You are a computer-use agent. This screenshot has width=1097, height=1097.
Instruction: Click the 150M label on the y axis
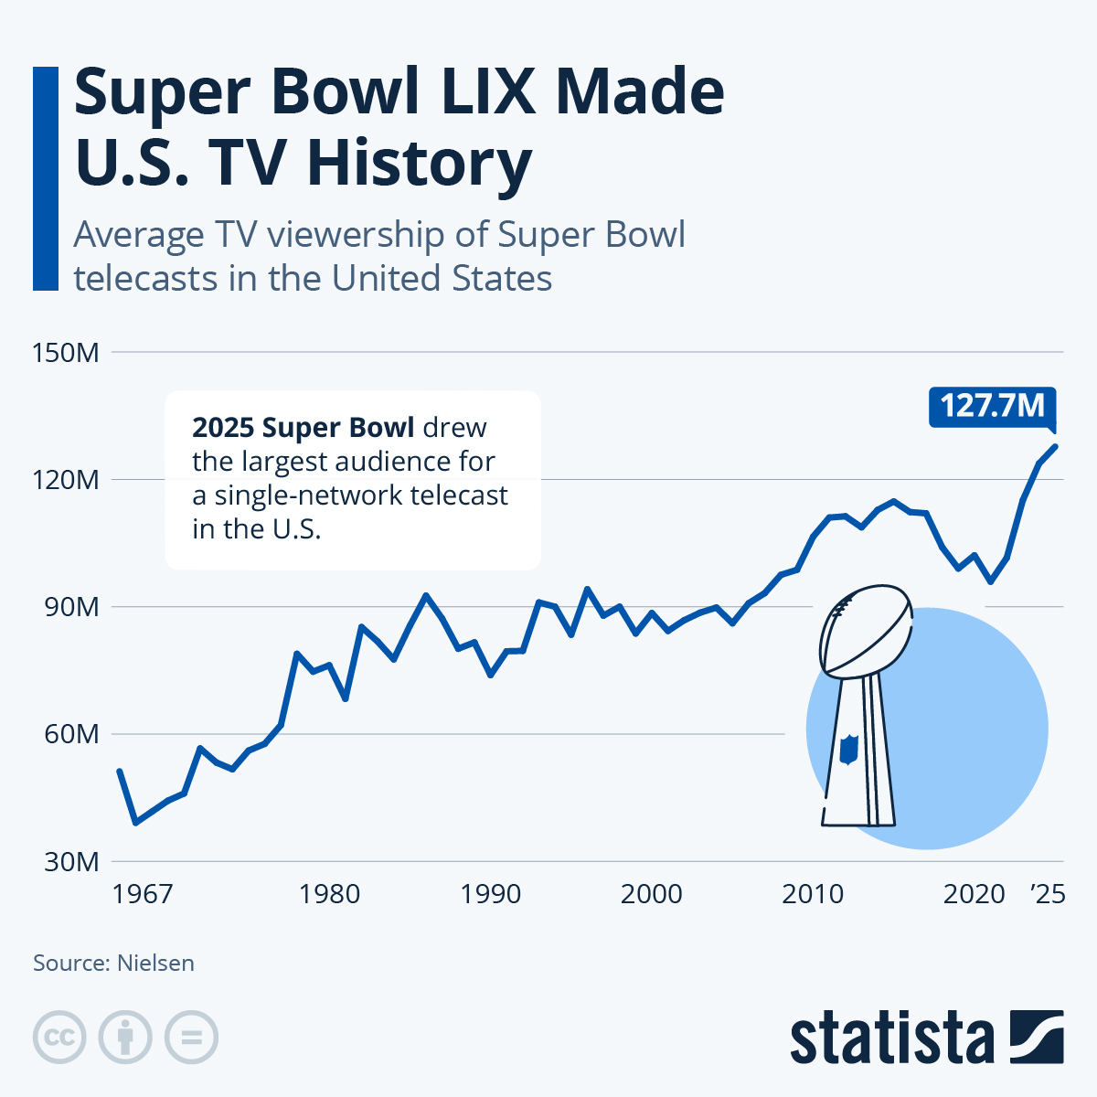tap(65, 352)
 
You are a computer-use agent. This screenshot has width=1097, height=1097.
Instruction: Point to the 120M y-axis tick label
tap(65, 479)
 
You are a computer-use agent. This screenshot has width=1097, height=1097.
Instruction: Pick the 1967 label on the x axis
tap(142, 893)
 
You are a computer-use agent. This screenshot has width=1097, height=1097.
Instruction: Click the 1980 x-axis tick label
tap(329, 893)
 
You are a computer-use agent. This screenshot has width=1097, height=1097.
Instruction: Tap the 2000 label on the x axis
tap(651, 893)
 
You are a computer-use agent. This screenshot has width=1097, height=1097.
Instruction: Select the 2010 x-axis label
tap(813, 893)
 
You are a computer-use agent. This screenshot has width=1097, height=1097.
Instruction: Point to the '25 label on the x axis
tap(1048, 893)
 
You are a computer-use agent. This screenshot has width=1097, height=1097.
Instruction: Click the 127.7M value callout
tap(992, 405)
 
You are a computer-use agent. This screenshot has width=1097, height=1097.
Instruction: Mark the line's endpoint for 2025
tap(1056, 446)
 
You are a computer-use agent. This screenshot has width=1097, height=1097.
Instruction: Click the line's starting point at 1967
tap(120, 772)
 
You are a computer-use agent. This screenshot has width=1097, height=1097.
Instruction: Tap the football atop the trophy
tap(866, 630)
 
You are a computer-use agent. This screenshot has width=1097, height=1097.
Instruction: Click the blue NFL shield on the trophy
tap(849, 749)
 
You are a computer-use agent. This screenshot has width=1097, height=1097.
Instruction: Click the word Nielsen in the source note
tap(155, 963)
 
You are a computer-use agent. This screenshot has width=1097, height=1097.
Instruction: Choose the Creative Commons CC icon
tap(59, 1038)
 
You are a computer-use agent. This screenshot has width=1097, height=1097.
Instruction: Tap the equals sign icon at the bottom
tap(191, 1038)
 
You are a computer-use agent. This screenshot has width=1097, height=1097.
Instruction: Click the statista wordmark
tap(891, 1038)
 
